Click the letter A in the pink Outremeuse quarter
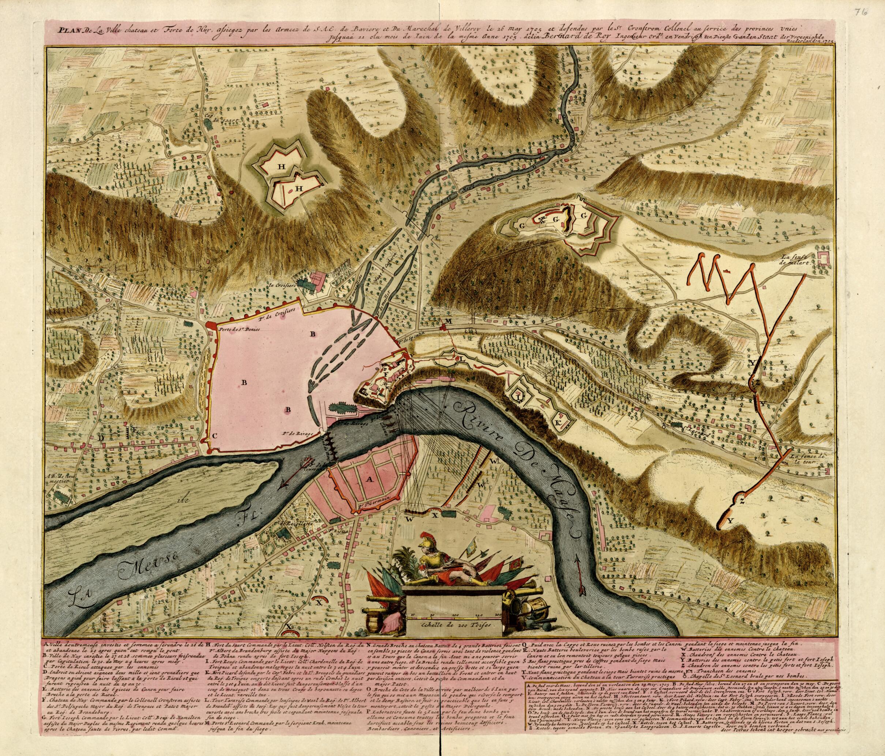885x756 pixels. pos(367,480)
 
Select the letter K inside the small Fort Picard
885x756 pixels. pos(559,422)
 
